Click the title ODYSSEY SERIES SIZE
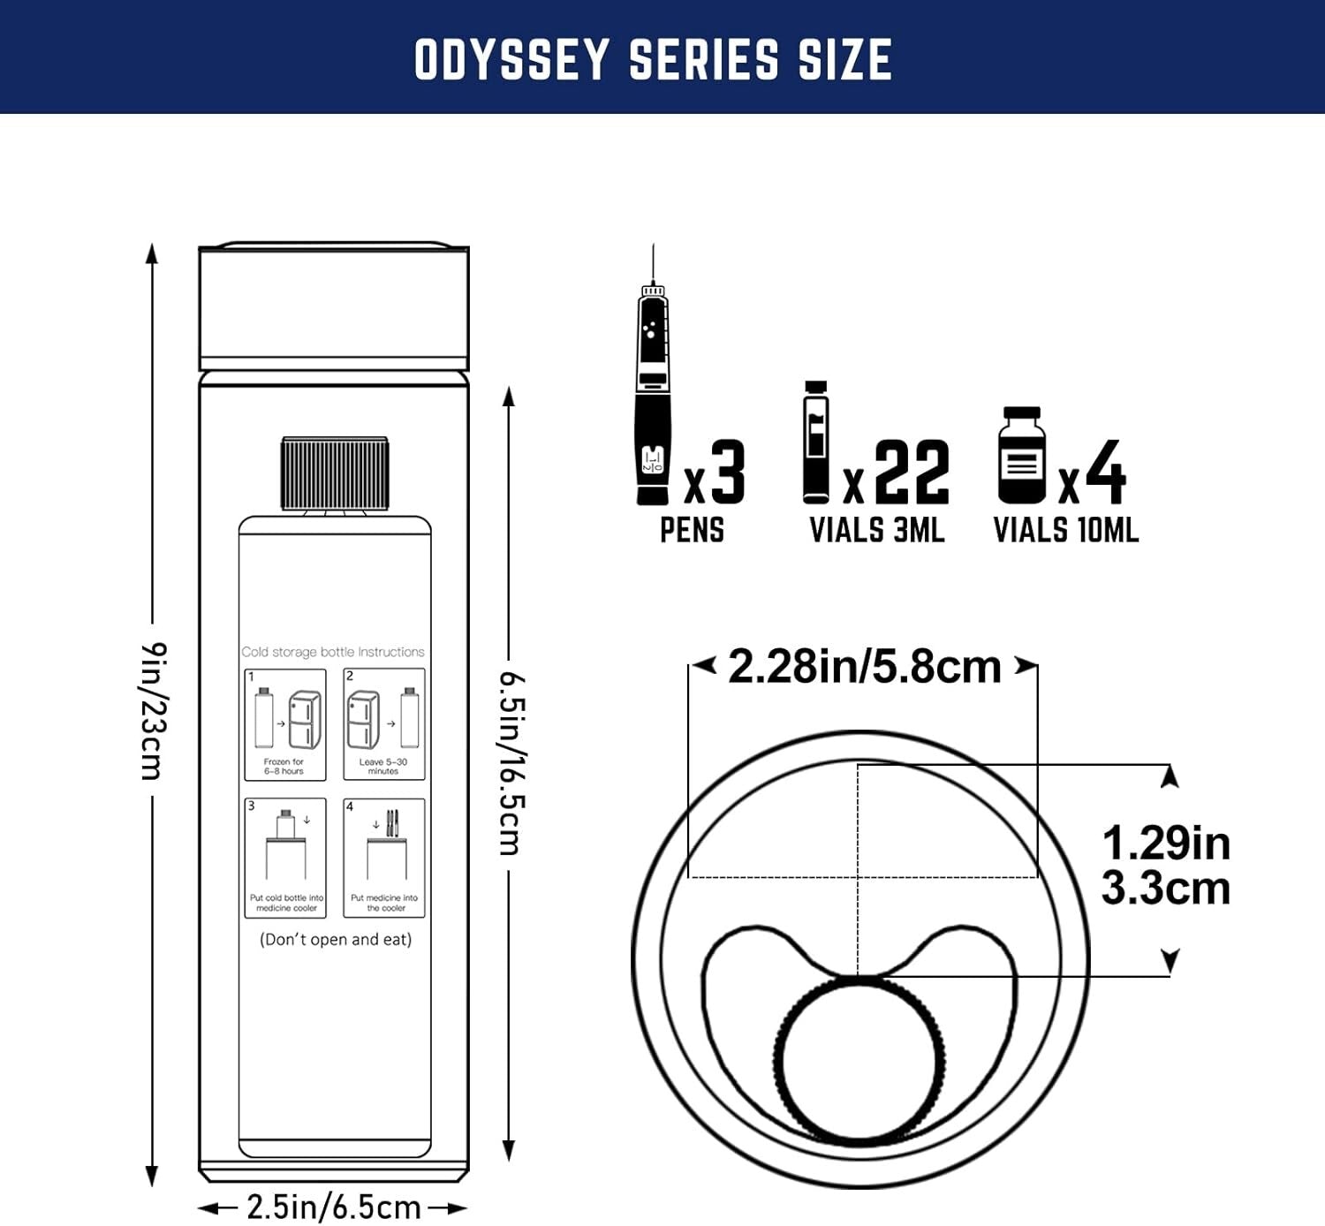653,59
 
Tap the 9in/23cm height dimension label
154,711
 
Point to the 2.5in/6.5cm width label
333,1207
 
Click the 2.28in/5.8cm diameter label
864,667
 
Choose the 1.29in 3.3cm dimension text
1165,866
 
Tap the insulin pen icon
653,397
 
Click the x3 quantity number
716,474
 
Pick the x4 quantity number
1094,474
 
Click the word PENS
692,530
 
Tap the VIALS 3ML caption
877,530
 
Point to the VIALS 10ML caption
1066,530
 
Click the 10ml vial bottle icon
1022,456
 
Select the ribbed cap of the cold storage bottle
334,473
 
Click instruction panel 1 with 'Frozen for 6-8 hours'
285,725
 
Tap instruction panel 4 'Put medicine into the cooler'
384,858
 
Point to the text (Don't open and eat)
336,940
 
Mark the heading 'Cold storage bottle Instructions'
333,652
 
